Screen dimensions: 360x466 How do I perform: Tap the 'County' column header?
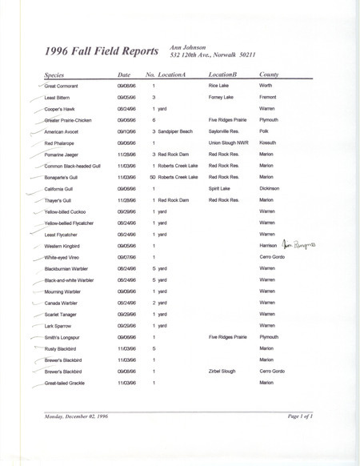pyautogui.click(x=269, y=74)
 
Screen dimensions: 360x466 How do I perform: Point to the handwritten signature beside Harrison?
pyautogui.click(x=300, y=245)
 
